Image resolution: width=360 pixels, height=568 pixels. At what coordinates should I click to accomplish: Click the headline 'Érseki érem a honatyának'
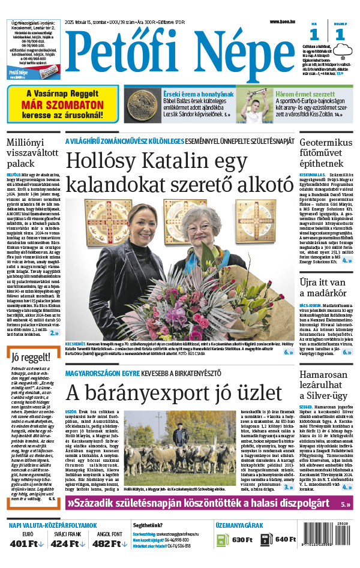199,94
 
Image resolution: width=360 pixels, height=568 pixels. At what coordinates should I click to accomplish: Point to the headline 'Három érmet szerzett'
305,94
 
